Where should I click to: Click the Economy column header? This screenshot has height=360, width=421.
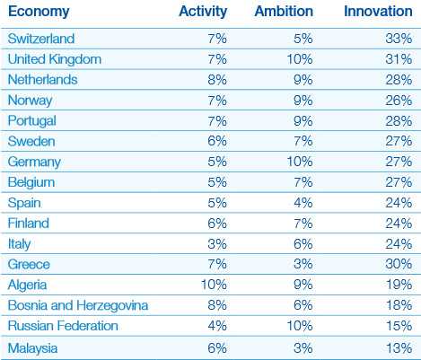tap(39, 12)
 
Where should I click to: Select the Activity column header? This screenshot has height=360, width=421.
tap(203, 12)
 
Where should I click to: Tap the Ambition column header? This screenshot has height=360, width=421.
tap(284, 12)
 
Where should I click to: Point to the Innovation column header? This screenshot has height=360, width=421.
tap(378, 12)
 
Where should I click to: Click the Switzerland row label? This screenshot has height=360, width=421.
tap(41, 39)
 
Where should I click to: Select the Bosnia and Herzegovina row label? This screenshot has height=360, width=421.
tap(78, 305)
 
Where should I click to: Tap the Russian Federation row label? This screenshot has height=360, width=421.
tap(63, 326)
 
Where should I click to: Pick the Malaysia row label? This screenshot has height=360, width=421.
tap(32, 348)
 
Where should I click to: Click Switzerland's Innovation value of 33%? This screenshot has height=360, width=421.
tap(399, 39)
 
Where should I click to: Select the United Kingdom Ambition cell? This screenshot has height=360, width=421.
tap(300, 59)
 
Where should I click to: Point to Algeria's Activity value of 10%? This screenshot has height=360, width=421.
tap(214, 285)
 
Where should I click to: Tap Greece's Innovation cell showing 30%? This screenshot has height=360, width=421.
tap(399, 264)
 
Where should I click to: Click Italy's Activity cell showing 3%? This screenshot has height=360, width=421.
tap(217, 244)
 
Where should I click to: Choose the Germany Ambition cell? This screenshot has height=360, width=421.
tap(300, 162)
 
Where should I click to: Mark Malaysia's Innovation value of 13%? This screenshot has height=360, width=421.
tap(399, 348)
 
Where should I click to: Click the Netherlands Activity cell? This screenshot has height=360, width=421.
tap(217, 80)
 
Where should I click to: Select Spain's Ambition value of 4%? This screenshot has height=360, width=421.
tap(303, 203)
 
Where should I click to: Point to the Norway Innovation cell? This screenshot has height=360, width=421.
tap(399, 101)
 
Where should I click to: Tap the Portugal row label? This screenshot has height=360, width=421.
tap(32, 121)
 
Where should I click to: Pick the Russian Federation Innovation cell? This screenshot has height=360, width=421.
tap(399, 326)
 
